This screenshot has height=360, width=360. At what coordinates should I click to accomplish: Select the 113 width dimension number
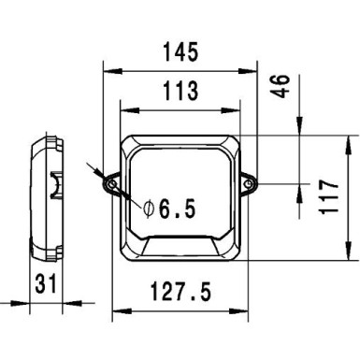pos(179,91)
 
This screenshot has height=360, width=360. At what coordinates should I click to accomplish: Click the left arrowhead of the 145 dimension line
pos(105,68)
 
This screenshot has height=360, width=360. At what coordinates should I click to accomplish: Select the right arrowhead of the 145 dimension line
pos(257,68)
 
